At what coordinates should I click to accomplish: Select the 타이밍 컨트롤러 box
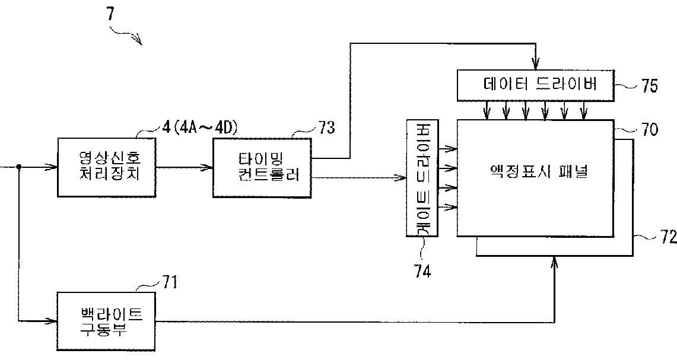coord(262,167)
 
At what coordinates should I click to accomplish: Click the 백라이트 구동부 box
coord(107,320)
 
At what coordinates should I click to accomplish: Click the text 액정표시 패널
coord(535,173)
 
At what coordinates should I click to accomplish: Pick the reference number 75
coord(649,86)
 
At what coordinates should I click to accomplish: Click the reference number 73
coord(326,127)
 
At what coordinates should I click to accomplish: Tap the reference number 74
coord(422,271)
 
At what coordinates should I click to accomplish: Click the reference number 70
coord(649,129)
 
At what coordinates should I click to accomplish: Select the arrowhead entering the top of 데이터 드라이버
coord(535,65)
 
